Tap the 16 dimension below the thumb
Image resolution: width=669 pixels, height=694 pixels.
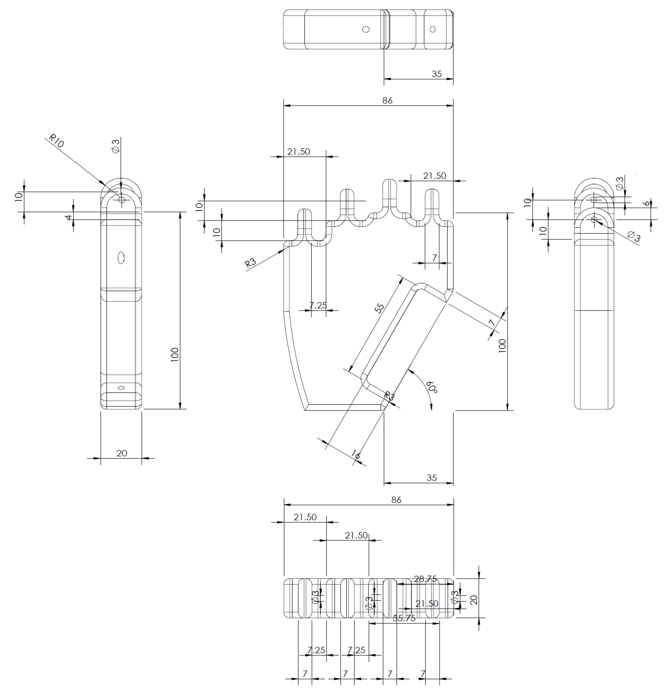[356, 454]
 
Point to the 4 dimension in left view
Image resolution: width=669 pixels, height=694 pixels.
[69, 216]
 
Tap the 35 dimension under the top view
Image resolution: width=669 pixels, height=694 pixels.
[436, 74]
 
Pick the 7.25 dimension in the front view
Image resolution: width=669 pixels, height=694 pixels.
[318, 305]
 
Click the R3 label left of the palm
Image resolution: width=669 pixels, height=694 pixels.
[250, 263]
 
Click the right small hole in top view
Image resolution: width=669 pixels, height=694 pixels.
[432, 29]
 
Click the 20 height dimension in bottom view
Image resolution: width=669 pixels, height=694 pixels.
[473, 599]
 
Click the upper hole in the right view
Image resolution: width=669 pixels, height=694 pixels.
[594, 200]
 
